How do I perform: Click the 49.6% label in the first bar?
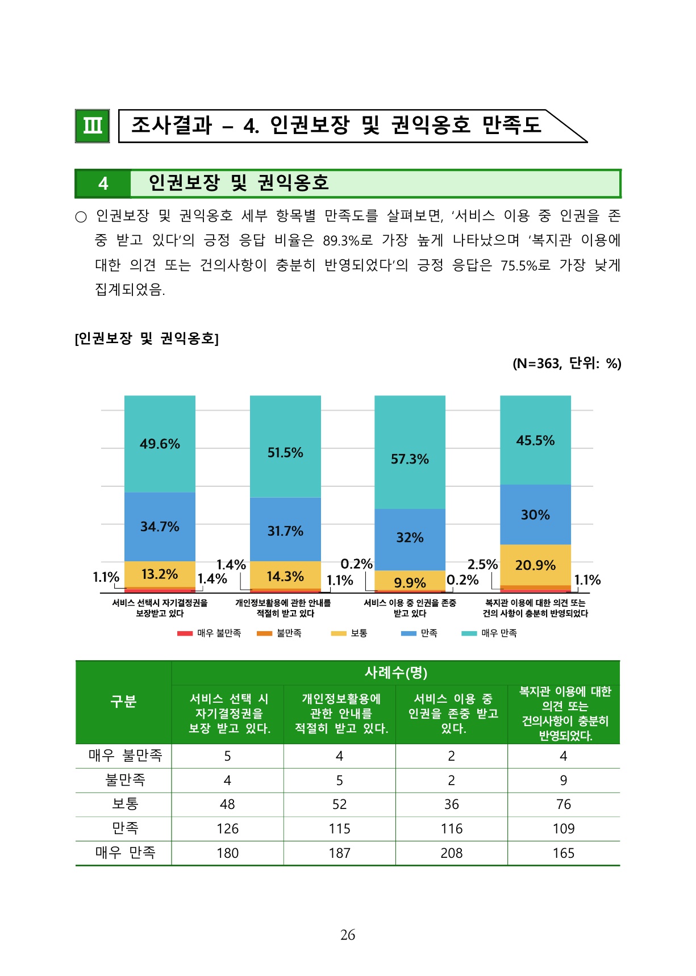(160, 444)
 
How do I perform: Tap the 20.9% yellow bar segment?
(535, 565)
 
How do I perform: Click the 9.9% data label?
(410, 583)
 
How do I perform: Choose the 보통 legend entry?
(349, 633)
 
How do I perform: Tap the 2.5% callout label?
(482, 564)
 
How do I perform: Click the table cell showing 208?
(451, 853)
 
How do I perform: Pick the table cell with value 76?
(564, 804)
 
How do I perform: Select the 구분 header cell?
(123, 702)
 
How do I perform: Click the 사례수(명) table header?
(395, 673)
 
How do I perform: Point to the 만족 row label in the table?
(125, 828)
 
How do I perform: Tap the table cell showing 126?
(227, 828)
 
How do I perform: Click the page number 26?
(348, 935)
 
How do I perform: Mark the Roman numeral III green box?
(92, 126)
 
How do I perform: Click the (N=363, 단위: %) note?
(566, 363)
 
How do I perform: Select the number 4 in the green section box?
(103, 183)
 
